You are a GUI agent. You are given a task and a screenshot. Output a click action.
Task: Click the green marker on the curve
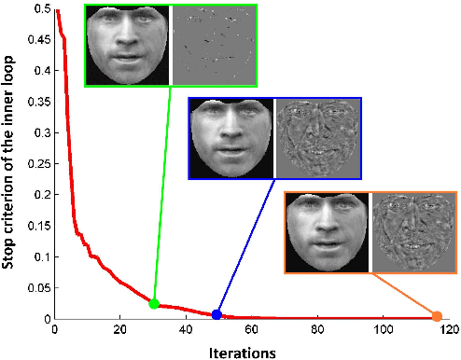click(154, 303)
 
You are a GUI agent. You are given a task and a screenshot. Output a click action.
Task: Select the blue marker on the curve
click(217, 314)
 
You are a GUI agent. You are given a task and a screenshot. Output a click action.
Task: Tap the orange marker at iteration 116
click(437, 315)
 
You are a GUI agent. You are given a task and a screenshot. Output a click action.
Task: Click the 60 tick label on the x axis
click(252, 329)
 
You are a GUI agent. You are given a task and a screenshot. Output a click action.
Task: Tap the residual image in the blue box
click(317, 138)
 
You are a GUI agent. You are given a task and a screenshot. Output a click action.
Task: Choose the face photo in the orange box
click(328, 233)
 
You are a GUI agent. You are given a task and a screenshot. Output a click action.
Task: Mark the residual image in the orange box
click(412, 233)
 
